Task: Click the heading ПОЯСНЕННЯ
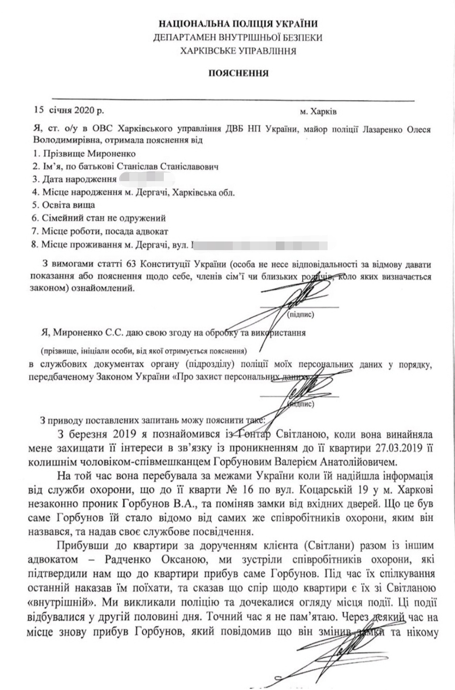pos(238,73)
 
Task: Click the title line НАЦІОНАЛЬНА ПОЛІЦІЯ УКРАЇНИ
pos(238,23)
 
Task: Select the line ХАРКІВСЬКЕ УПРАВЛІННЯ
pos(238,50)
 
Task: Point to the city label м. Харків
pos(318,112)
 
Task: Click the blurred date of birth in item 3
pos(146,180)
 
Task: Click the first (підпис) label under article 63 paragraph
pos(300,315)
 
